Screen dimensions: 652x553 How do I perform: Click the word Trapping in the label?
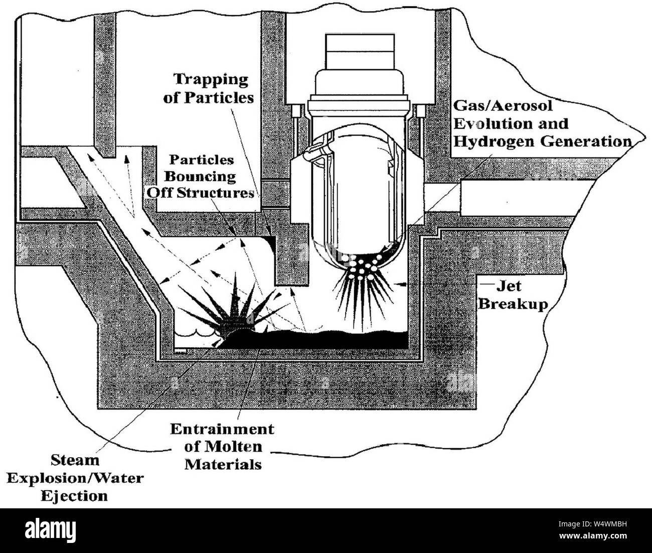click(x=211, y=80)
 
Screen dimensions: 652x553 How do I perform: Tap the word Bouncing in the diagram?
click(x=200, y=177)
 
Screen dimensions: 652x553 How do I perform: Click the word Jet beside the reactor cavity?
click(x=509, y=286)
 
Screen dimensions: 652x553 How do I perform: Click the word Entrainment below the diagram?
click(x=222, y=430)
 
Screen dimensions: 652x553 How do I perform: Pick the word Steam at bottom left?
click(x=75, y=461)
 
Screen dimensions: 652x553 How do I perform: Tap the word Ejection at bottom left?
click(x=74, y=496)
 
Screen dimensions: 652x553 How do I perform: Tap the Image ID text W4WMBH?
click(x=610, y=524)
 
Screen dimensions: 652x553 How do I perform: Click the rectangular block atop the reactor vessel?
click(x=360, y=51)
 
